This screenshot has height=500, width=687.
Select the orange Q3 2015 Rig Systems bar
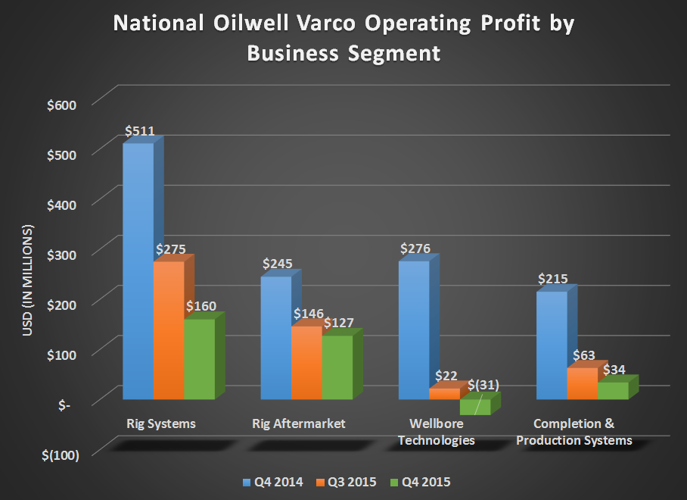[x=169, y=330]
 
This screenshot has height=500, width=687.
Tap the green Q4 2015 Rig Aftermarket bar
[x=337, y=367]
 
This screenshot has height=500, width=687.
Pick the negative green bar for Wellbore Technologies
[x=474, y=406]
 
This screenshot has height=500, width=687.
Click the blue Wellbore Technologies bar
[x=413, y=330]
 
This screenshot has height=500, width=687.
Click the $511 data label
[x=140, y=131]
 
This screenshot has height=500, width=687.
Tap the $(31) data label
[x=483, y=385]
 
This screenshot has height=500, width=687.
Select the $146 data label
[x=307, y=313]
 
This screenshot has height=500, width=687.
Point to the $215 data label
[x=552, y=279]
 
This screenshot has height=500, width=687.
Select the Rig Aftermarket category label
[x=299, y=423]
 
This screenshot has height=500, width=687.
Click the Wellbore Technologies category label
[x=442, y=432]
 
